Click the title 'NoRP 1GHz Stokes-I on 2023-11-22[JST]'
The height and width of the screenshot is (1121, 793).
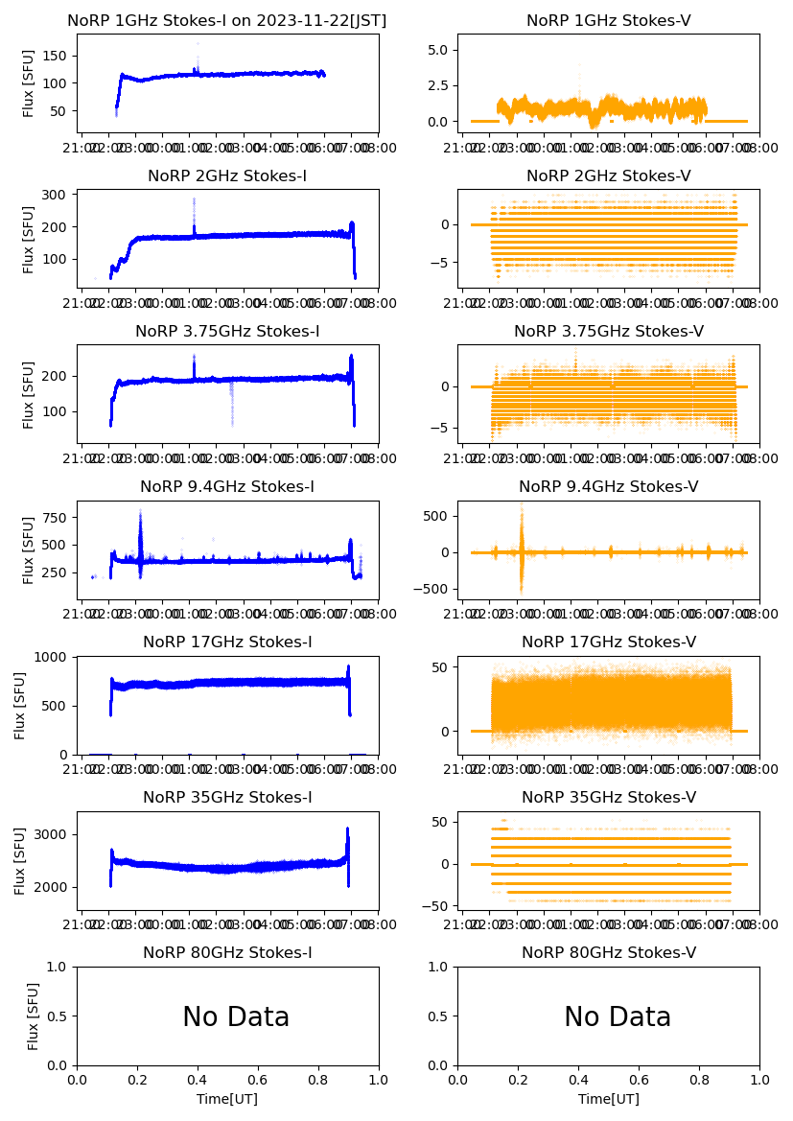(227, 21)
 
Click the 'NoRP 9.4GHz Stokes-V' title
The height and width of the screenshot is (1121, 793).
(609, 487)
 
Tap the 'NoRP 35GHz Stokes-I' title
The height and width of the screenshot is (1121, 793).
(227, 798)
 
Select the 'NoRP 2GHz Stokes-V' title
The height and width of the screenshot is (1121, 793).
(609, 176)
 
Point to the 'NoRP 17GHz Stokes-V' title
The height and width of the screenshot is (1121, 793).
(609, 642)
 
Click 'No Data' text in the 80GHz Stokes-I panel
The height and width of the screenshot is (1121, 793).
(236, 1017)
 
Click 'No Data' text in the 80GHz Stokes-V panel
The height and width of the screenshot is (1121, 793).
(617, 1017)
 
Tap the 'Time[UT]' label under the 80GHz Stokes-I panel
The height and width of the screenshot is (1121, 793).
(227, 1099)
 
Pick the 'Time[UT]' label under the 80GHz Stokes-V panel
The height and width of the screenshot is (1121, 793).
(609, 1099)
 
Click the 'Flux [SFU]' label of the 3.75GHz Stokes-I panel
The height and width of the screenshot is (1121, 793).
(29, 394)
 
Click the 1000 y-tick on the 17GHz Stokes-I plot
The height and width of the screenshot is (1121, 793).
(53, 657)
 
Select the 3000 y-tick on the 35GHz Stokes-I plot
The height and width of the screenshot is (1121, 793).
(53, 834)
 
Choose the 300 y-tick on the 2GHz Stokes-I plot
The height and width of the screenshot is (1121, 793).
(59, 195)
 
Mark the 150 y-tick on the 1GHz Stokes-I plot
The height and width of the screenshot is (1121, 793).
(59, 57)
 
